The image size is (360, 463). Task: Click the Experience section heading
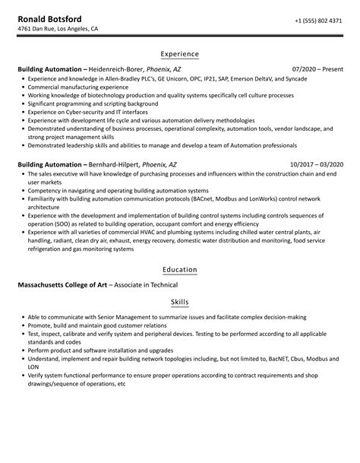(179, 54)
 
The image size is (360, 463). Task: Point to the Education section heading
(179, 269)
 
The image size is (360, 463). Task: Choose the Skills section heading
(179, 303)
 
